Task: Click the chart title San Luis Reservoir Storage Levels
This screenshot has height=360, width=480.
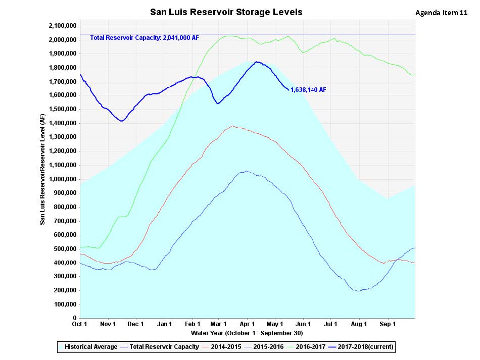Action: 226,12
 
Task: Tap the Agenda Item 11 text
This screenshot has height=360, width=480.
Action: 441,13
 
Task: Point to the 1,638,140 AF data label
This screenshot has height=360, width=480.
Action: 308,90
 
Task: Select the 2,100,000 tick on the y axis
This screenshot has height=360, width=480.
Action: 62,26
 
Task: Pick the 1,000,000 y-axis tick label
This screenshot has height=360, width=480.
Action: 62,179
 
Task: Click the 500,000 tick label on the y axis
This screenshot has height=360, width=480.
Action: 64,249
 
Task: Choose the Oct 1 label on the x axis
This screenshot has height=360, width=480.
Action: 80,324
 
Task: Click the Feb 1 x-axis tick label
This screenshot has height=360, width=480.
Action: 193,324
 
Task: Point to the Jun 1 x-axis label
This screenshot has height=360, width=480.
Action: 303,324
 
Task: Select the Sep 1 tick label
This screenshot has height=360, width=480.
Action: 388,324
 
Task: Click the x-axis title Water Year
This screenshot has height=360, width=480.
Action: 247,333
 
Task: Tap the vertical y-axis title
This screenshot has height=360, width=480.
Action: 43,169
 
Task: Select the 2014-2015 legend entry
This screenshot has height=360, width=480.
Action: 222,347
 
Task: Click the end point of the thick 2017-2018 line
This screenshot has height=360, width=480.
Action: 289,90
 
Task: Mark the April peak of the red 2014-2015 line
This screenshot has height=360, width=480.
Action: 232,126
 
